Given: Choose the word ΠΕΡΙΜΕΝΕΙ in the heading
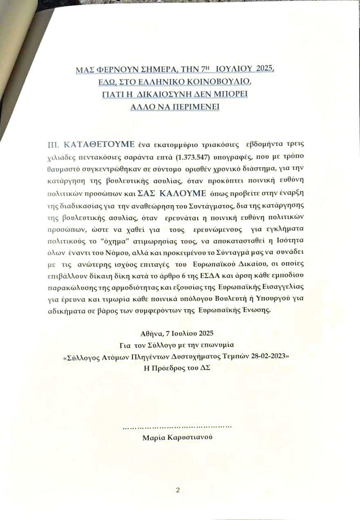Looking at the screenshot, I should click(195, 106).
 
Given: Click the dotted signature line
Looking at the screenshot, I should click(177, 426).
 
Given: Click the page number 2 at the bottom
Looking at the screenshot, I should click(178, 491).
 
